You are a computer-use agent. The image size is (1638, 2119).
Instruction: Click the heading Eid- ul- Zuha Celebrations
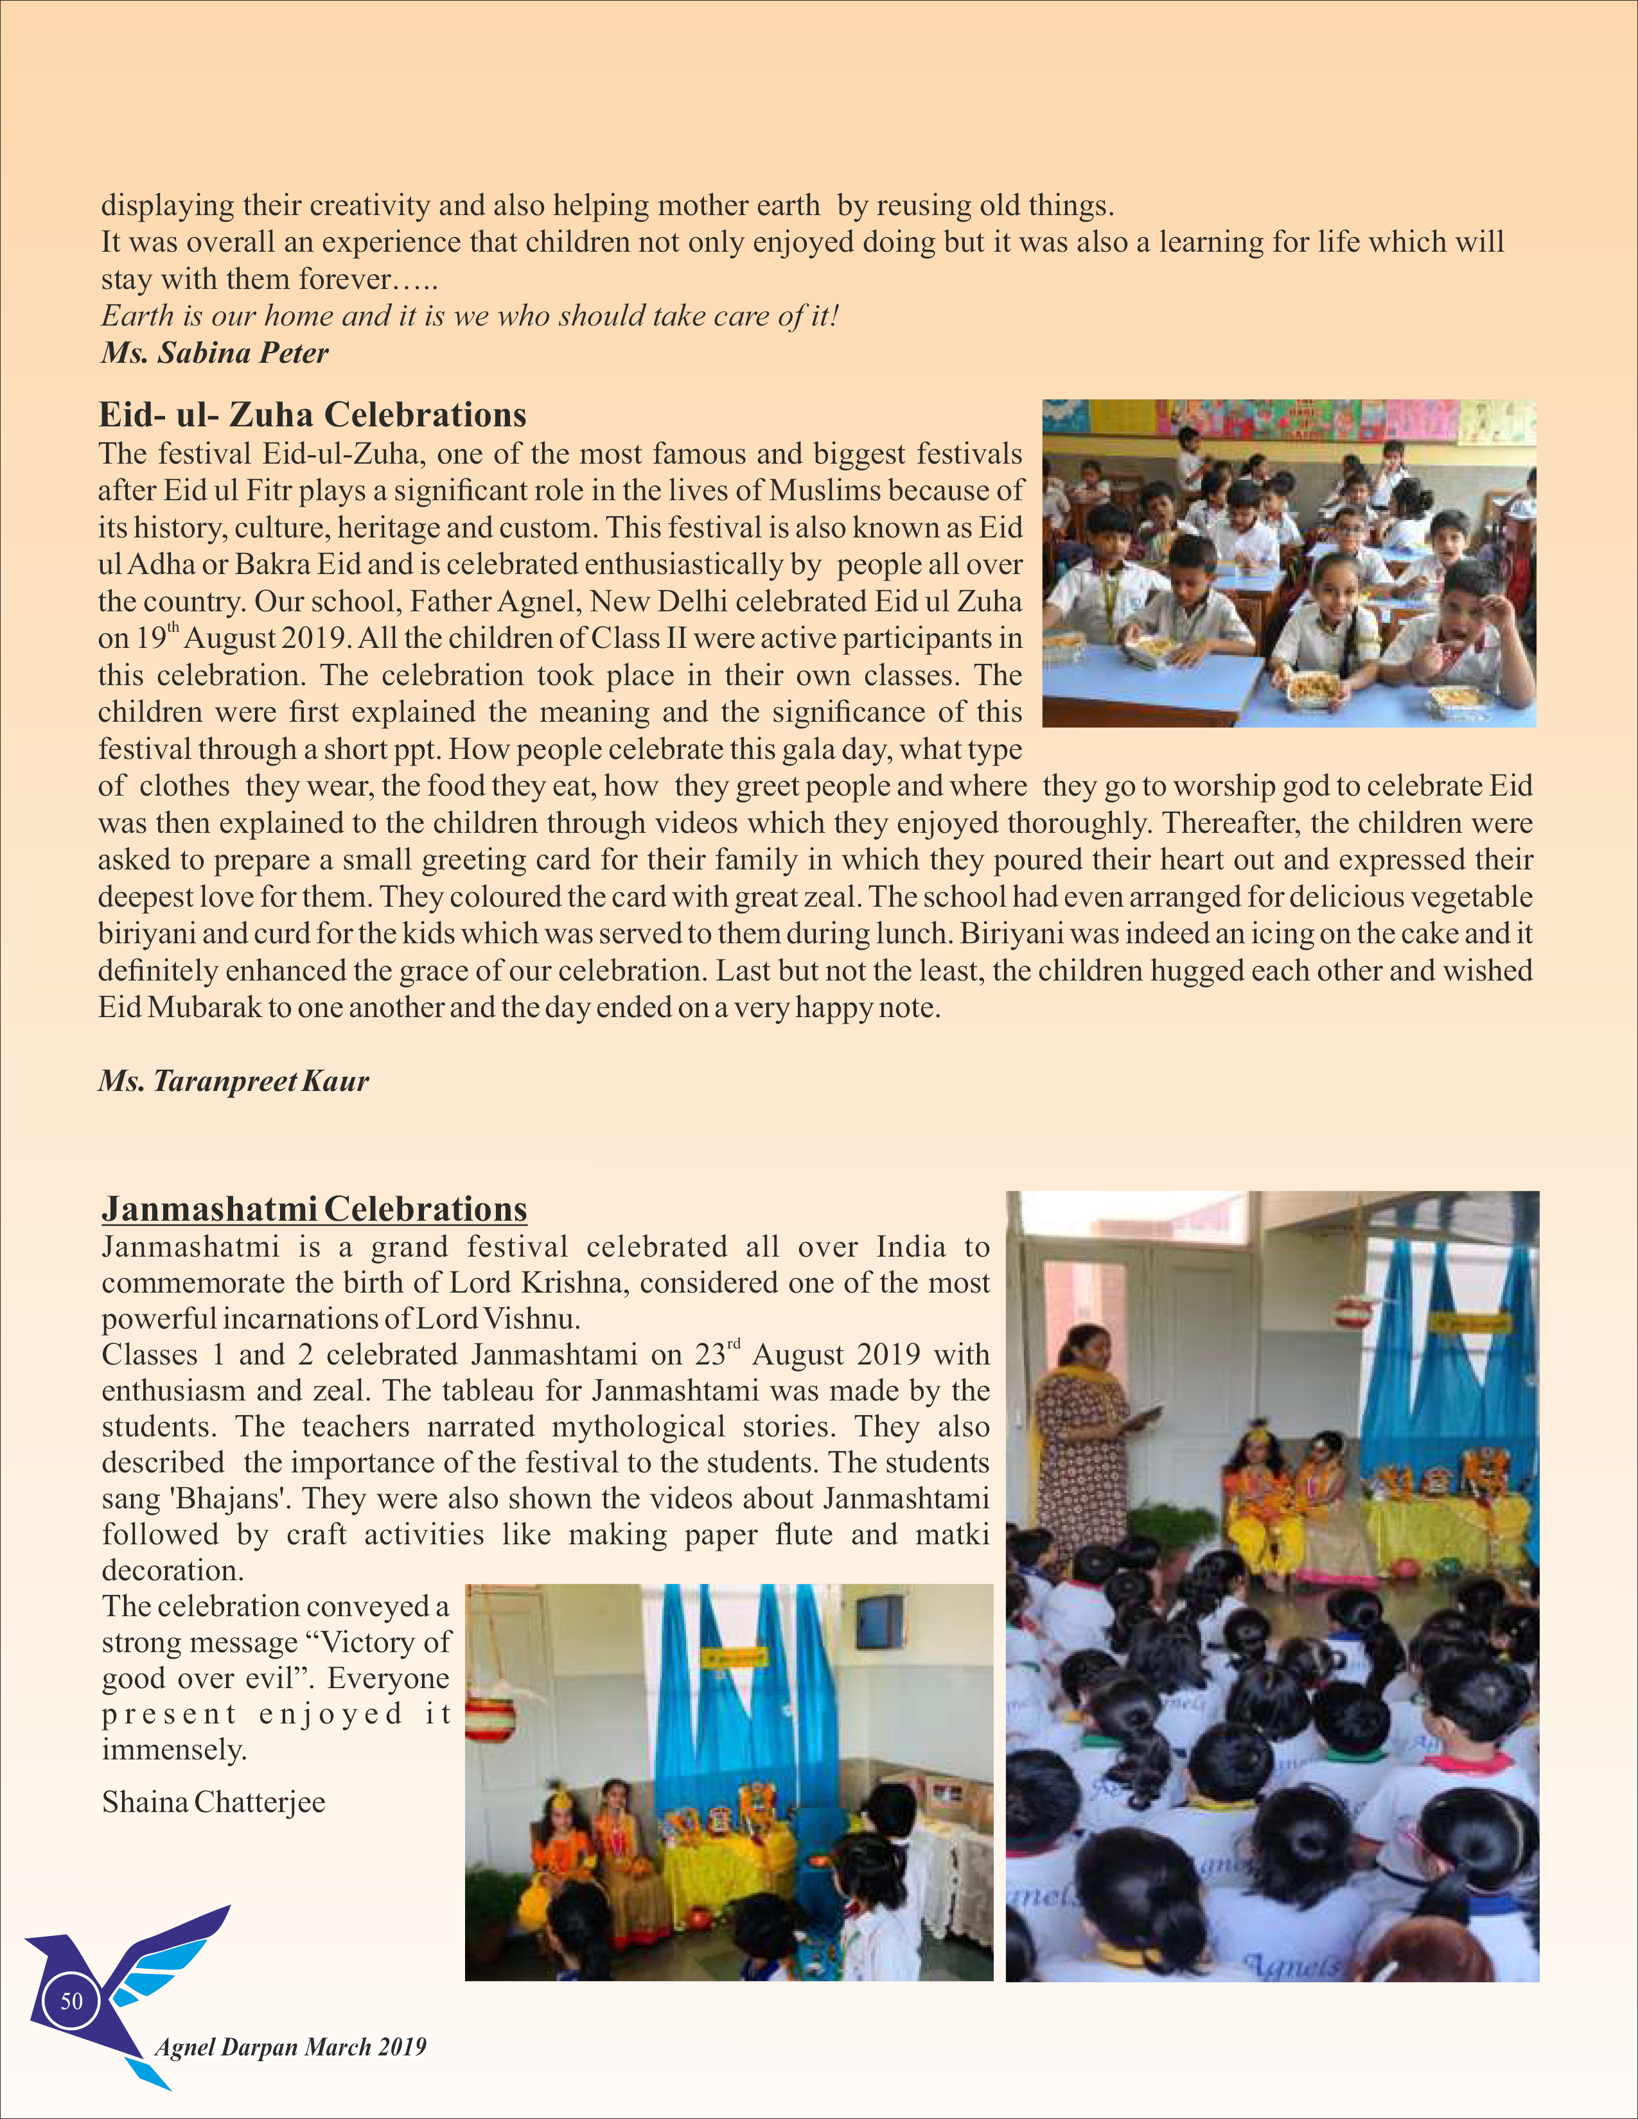[x=312, y=415]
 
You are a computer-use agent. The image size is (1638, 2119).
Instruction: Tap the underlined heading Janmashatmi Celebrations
[x=314, y=1209]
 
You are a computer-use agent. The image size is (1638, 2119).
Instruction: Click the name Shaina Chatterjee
[x=213, y=1802]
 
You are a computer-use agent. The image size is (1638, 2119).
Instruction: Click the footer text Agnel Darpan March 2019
[x=290, y=2047]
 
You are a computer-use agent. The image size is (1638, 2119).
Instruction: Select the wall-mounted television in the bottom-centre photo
[x=880, y=1624]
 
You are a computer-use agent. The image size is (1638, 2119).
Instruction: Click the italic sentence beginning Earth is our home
[x=470, y=317]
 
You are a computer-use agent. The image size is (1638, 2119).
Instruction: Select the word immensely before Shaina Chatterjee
[x=175, y=1750]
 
